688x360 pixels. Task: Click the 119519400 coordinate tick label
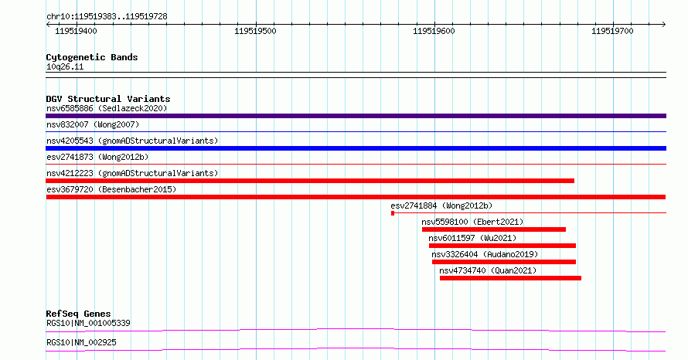point(76,31)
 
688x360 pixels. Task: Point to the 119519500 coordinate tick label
point(255,31)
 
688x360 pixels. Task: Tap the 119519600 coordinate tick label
point(434,31)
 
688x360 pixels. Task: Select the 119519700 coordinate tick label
point(612,31)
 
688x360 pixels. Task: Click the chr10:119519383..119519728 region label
point(107,17)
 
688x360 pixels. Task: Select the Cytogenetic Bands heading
point(92,57)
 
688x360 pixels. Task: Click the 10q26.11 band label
point(65,66)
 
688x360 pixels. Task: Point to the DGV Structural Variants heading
point(108,99)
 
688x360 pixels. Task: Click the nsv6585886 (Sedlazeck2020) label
point(107,108)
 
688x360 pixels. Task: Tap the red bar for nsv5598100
point(494,229)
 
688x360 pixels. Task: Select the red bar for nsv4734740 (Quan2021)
point(510,278)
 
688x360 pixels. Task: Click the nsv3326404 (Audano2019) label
point(485,254)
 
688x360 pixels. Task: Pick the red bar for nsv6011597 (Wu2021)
point(502,246)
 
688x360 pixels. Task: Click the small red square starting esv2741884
point(393,213)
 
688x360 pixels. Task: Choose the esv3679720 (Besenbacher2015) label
point(111,189)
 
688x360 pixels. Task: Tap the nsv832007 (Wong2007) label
point(93,124)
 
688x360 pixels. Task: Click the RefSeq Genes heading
point(78,314)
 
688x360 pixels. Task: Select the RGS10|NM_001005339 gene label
point(88,323)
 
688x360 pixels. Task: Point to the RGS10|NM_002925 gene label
point(82,342)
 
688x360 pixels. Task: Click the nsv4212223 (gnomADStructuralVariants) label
point(132,173)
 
